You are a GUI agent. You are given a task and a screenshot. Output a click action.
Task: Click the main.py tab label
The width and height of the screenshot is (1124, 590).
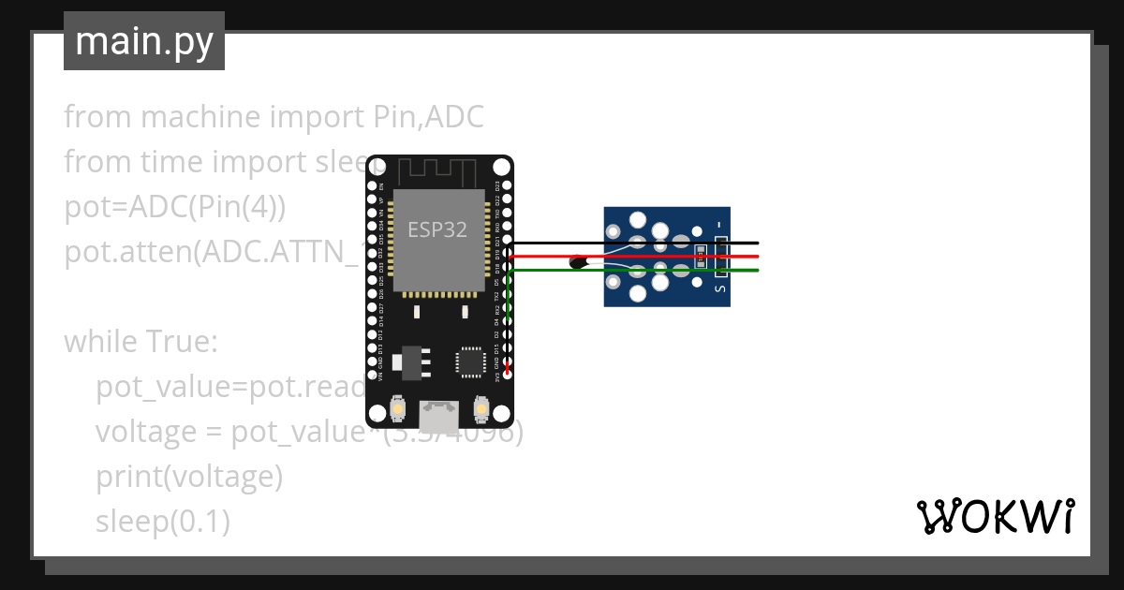pos(143,41)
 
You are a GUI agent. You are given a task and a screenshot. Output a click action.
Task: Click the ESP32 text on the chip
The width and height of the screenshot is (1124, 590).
pos(436,229)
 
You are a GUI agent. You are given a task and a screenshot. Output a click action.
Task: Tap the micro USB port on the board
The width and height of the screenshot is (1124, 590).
pos(438,412)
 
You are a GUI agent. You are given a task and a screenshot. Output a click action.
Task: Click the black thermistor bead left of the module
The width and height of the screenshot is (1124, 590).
pos(579,263)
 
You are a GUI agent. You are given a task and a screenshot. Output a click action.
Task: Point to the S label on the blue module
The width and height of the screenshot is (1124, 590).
pos(719,288)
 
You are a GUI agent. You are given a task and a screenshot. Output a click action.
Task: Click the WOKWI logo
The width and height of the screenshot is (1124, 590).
pos(995,516)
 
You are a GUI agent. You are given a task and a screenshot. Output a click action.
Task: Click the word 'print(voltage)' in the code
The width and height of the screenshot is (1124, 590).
pos(188,477)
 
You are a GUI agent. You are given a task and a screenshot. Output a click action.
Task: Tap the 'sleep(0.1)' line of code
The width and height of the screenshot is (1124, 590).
pos(162,522)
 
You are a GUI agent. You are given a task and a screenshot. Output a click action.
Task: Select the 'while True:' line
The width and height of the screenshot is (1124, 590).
pos(140,342)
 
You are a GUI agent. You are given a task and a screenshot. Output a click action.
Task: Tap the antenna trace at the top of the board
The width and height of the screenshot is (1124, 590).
pos(436,173)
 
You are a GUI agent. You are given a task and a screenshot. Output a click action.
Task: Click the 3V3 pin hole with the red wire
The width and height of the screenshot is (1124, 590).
pos(508,373)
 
